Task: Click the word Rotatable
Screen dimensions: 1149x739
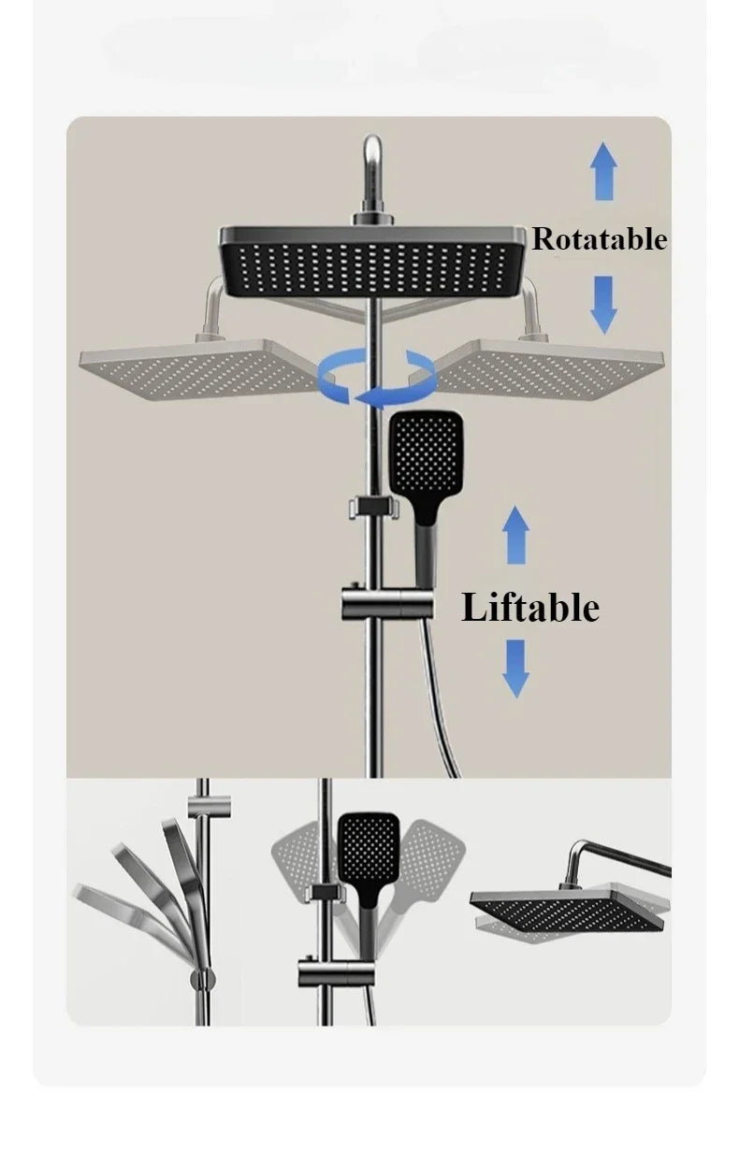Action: (600, 239)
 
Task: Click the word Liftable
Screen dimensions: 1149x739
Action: (530, 608)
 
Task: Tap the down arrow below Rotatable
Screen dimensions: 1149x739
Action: (603, 304)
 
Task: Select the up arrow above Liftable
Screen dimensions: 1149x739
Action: (515, 535)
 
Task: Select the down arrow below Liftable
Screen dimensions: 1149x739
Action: (515, 668)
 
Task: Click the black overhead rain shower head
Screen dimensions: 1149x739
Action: (371, 262)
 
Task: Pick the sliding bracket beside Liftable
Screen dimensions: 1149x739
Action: (387, 606)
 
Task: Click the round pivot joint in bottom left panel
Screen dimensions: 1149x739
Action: (203, 979)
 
